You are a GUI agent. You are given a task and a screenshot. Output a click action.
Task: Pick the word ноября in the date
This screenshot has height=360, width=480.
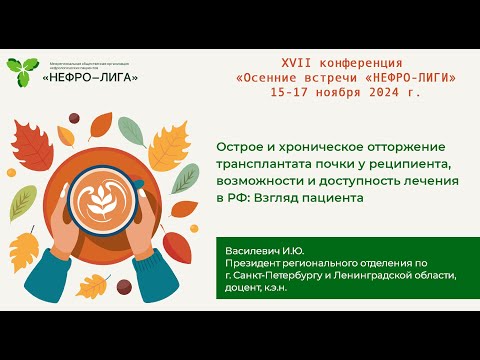326,90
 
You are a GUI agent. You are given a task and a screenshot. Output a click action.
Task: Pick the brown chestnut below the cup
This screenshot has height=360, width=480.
124,286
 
